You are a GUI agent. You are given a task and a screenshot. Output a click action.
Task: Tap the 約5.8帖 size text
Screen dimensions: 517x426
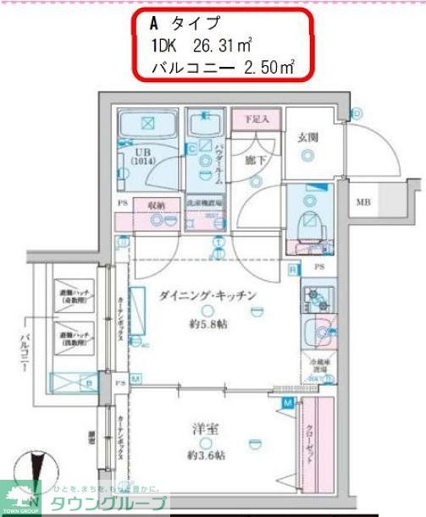(207, 324)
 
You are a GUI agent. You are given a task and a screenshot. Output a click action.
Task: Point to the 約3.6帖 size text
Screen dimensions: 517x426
(207, 455)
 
